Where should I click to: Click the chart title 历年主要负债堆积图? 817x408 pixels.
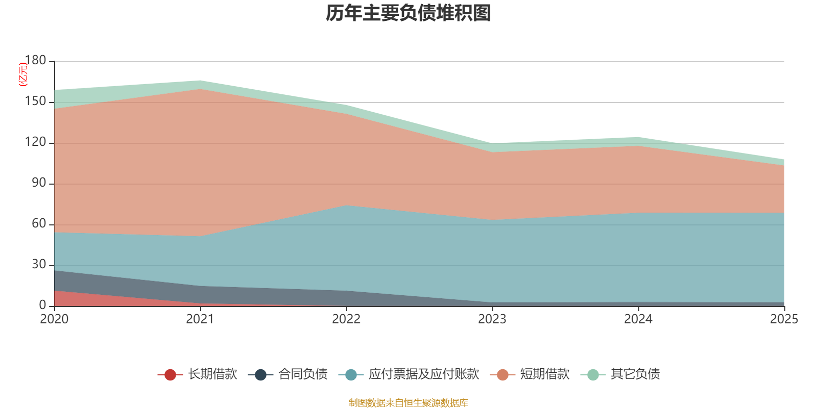click(x=408, y=13)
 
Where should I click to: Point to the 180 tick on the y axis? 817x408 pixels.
click(x=35, y=61)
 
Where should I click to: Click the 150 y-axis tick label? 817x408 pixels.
click(x=35, y=101)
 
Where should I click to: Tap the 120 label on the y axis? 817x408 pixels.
click(x=35, y=142)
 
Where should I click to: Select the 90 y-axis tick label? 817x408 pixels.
click(x=39, y=183)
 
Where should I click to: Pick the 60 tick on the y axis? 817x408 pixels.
click(x=39, y=224)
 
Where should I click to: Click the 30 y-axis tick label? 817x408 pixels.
click(x=39, y=265)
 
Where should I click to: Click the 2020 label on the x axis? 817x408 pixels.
click(x=54, y=319)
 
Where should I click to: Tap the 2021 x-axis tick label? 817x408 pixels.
click(x=200, y=319)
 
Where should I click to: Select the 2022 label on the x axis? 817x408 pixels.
click(x=346, y=319)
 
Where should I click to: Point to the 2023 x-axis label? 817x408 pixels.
click(x=492, y=319)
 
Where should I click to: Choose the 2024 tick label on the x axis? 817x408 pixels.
click(x=638, y=319)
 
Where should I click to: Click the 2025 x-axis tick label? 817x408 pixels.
click(x=784, y=319)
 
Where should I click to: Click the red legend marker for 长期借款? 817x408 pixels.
click(x=170, y=375)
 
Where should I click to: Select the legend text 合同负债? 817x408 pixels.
click(x=303, y=374)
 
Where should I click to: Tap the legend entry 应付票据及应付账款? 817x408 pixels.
click(x=424, y=374)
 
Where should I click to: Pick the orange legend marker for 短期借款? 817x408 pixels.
click(x=502, y=375)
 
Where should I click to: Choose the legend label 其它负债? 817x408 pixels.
click(x=635, y=374)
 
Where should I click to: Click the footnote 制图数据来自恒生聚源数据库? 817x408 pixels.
click(x=408, y=403)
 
